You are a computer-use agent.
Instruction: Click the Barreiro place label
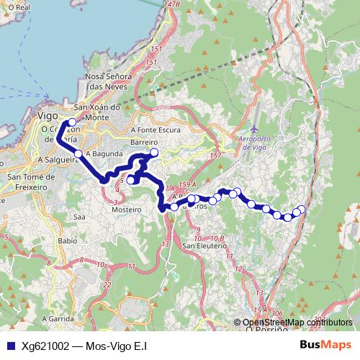coord(145,143)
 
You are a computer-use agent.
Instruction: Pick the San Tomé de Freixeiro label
coord(30,182)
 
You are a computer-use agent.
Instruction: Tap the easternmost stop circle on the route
coord(302,210)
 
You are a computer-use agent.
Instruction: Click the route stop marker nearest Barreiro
coord(153,153)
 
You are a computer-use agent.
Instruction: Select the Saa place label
coord(79,215)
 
